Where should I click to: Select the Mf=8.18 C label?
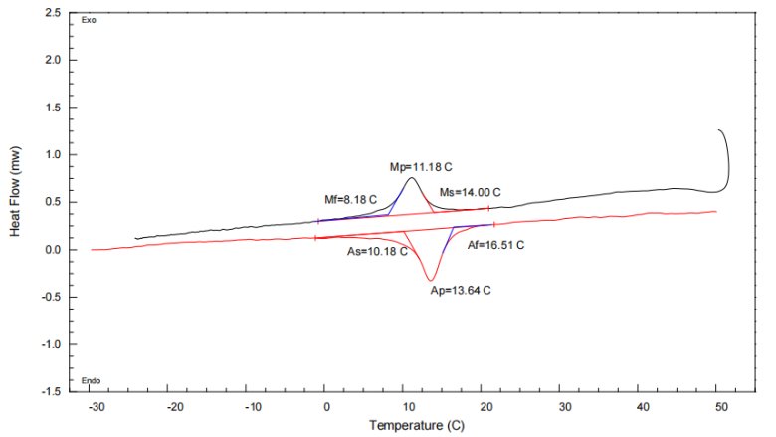(351, 199)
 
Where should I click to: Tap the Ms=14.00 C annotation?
(470, 192)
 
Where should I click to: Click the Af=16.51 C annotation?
(495, 244)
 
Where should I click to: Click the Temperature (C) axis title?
(411, 425)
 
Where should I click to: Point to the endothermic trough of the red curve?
(430, 280)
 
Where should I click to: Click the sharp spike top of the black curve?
(719, 130)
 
